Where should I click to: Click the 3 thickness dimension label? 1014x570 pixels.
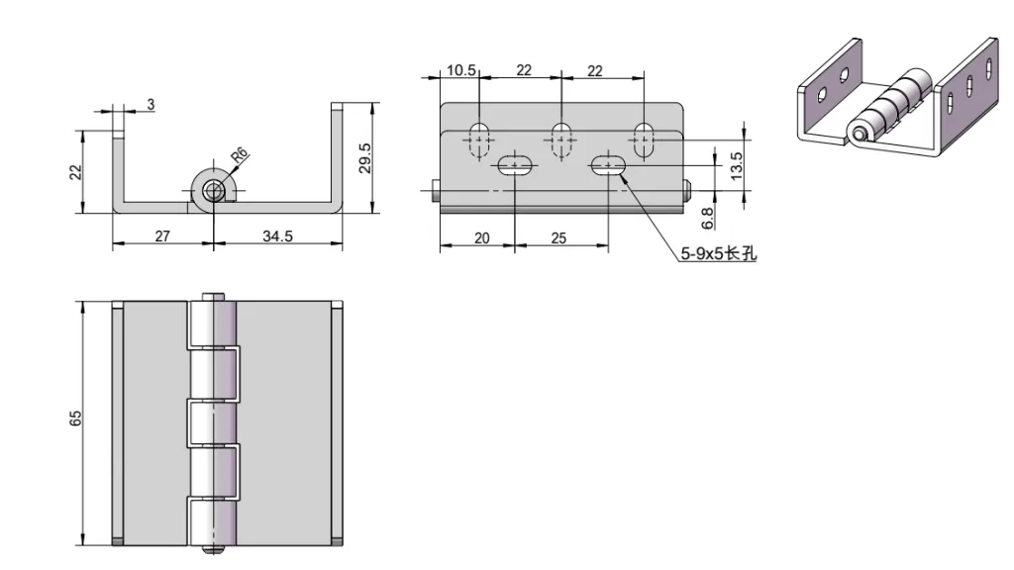(x=151, y=104)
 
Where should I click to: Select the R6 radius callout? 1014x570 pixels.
(x=239, y=155)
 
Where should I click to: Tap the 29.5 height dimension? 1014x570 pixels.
(x=364, y=157)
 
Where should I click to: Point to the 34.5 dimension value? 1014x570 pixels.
(x=277, y=237)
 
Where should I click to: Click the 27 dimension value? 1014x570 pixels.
(x=162, y=237)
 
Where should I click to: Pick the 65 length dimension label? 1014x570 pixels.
(x=75, y=419)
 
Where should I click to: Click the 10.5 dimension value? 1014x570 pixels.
(x=461, y=70)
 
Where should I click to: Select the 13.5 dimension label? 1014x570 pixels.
(x=736, y=165)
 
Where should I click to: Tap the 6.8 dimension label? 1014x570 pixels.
(x=707, y=219)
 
